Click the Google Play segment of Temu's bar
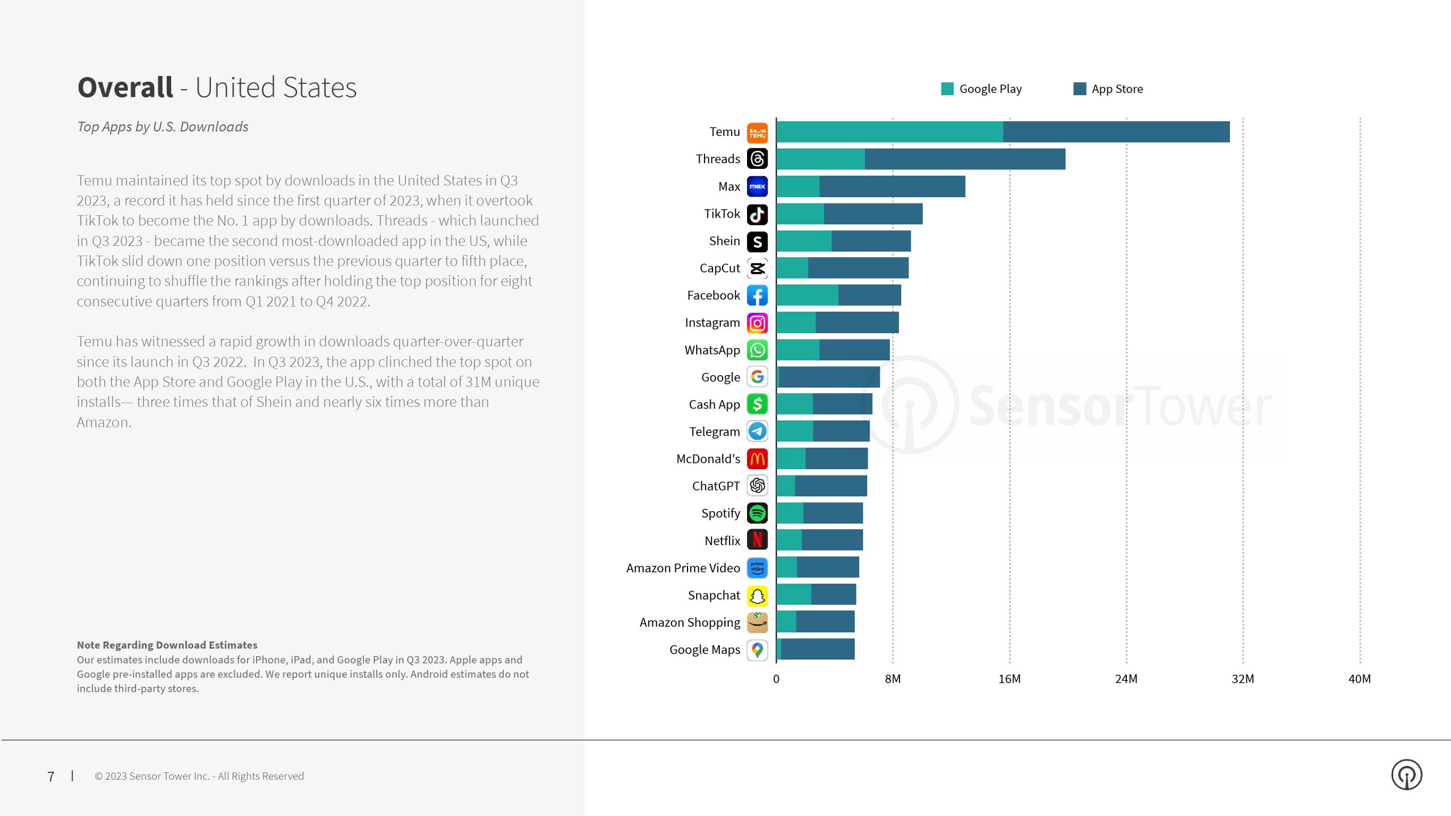click(889, 132)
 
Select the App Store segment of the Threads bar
click(965, 159)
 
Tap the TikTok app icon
click(757, 214)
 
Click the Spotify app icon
click(757, 513)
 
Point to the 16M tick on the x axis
click(1009, 679)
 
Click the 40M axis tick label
click(1359, 679)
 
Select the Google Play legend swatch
click(947, 89)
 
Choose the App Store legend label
click(1117, 89)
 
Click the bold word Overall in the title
click(125, 88)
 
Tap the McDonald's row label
click(708, 459)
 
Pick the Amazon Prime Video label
click(683, 568)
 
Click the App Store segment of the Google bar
click(829, 377)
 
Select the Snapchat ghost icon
click(757, 596)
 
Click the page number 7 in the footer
click(51, 776)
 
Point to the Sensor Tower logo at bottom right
click(1406, 775)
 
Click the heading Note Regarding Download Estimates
click(167, 645)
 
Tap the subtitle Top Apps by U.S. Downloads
click(163, 127)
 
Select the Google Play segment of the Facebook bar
click(807, 295)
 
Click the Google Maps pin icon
click(757, 650)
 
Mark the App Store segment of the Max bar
click(892, 186)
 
